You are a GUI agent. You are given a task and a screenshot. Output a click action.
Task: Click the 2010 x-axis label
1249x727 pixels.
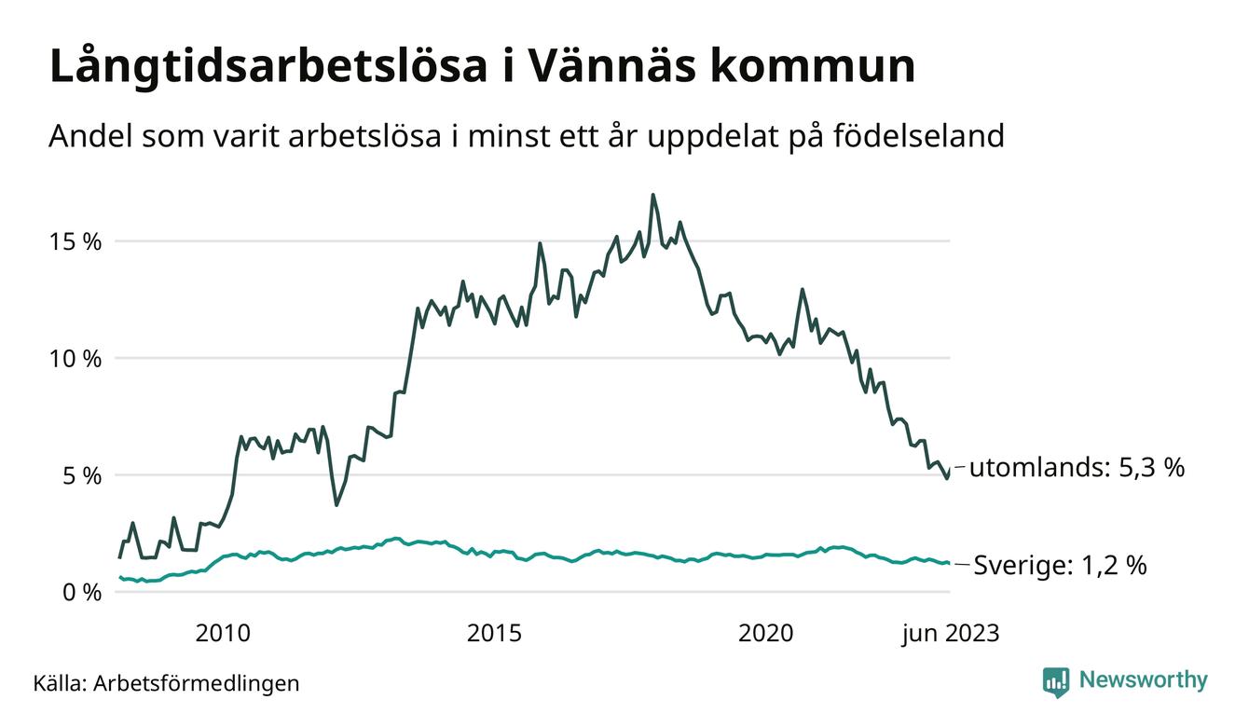(223, 634)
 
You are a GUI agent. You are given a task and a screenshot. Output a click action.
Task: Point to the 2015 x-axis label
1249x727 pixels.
(494, 634)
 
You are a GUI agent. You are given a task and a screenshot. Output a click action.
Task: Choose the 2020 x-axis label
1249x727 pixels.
(765, 634)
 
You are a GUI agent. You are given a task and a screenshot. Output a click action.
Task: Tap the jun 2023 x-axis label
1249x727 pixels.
(950, 634)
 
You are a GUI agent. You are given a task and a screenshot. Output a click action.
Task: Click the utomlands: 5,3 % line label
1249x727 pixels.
(1077, 468)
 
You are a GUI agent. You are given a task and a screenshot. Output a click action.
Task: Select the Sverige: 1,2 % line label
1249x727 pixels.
(1060, 566)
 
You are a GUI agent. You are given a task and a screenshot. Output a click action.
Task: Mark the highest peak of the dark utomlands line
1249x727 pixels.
(652, 195)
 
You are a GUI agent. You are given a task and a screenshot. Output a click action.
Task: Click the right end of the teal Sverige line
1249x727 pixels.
(949, 563)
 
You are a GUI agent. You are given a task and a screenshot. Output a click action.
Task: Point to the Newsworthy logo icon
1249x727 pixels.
(1056, 682)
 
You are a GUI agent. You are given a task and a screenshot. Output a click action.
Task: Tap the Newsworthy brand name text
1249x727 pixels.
(1143, 680)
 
